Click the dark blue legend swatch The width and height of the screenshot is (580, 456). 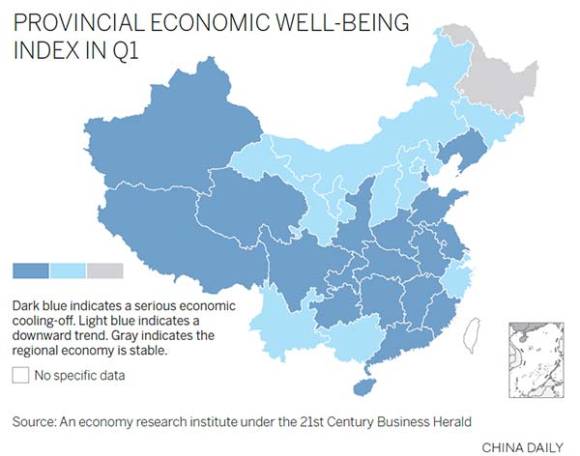(x=30, y=271)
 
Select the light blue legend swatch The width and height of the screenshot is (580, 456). (x=68, y=271)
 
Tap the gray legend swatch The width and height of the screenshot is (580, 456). (x=104, y=271)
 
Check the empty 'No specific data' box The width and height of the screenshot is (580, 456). (x=20, y=375)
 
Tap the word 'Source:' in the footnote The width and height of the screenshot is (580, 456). (x=35, y=421)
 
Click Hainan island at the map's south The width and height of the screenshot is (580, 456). (x=365, y=385)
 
